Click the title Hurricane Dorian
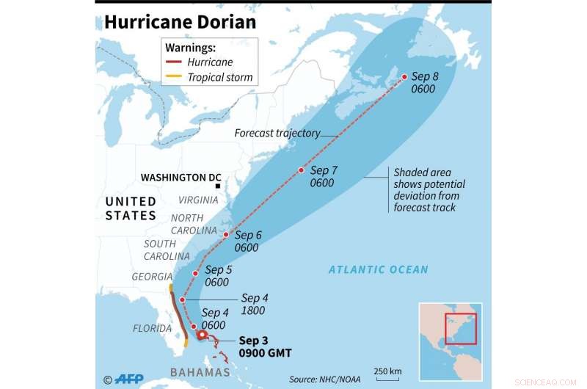point(180,22)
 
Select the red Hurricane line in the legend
point(174,62)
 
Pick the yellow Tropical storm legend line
point(174,77)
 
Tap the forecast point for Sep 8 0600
point(403,77)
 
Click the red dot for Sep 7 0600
point(301,170)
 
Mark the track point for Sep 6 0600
point(226,235)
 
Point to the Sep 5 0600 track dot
point(195,274)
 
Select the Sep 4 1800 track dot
point(182,299)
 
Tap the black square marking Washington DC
point(218,186)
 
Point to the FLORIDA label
point(152,328)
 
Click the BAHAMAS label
point(200,373)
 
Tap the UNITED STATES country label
point(131,208)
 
